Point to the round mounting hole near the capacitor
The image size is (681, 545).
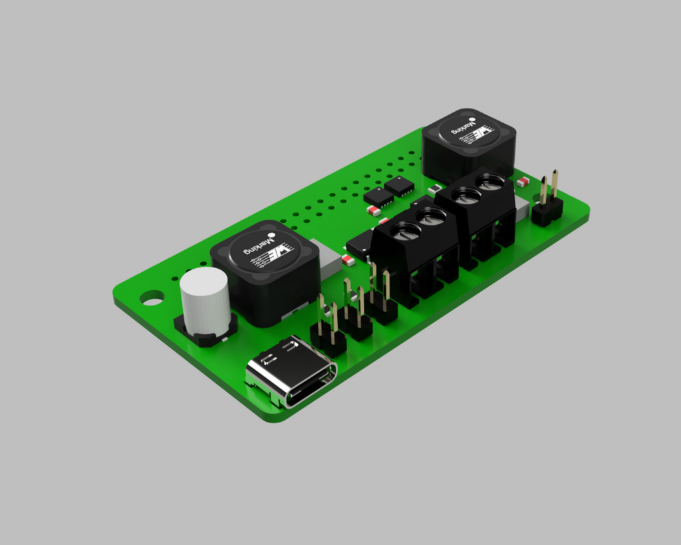click(152, 298)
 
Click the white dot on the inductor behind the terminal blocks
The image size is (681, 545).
click(472, 120)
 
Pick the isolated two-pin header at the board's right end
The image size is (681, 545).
click(547, 201)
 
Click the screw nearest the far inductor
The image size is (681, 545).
click(491, 182)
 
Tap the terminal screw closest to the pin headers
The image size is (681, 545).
click(405, 233)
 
